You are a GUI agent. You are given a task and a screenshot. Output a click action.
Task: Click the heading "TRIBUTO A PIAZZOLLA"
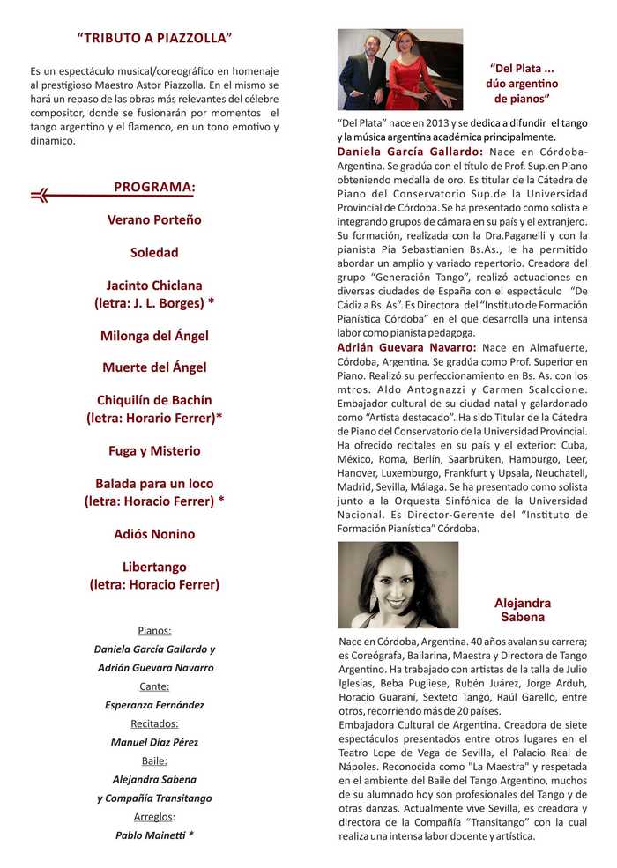(x=154, y=38)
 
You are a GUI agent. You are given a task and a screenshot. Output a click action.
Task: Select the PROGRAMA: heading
(x=154, y=187)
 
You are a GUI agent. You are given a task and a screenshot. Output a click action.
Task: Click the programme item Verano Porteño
(x=154, y=219)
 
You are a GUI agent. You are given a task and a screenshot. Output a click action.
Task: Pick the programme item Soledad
(x=154, y=252)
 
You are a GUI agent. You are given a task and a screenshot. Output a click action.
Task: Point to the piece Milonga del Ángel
(x=154, y=335)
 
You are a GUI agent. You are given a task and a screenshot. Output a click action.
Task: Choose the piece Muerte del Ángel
(x=154, y=367)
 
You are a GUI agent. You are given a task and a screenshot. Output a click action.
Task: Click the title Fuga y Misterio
(x=154, y=450)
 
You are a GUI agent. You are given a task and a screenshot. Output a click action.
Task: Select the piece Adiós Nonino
(x=154, y=534)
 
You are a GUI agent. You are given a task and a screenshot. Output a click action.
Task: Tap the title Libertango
(x=154, y=567)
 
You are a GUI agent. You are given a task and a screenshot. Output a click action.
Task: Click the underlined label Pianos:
(x=154, y=630)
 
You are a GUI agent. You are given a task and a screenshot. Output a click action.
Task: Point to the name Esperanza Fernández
(x=154, y=705)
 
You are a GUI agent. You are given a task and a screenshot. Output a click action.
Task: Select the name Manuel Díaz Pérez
(x=154, y=742)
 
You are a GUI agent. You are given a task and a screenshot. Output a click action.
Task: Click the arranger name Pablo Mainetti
(x=151, y=835)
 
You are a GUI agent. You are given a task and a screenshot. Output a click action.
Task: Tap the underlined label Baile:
(x=154, y=760)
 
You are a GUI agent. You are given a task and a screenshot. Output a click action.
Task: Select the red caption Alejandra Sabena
(x=523, y=610)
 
